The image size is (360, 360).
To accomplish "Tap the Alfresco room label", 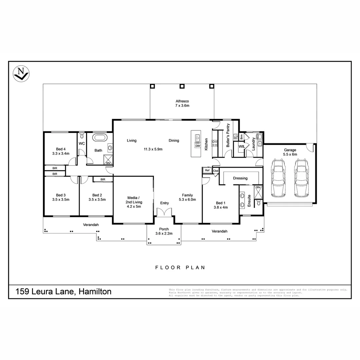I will tap(182, 101).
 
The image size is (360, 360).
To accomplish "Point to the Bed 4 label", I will tap(61, 149).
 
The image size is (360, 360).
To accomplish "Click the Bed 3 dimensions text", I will tap(61, 200).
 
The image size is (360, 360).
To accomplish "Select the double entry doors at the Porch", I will tap(164, 212).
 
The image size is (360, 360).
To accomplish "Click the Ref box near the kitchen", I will tap(207, 170).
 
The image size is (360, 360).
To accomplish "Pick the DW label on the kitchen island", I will tap(197, 146).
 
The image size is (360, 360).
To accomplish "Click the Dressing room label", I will tap(240, 178).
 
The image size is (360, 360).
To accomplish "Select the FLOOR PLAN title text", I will tap(180, 267).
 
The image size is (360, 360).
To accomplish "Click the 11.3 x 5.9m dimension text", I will tap(153, 149).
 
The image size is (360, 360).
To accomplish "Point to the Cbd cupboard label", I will tap(216, 171).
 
